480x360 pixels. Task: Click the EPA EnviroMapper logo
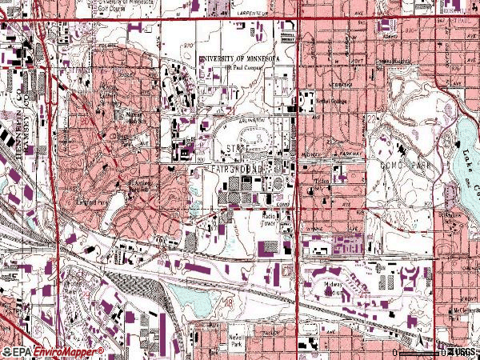point(53,352)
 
